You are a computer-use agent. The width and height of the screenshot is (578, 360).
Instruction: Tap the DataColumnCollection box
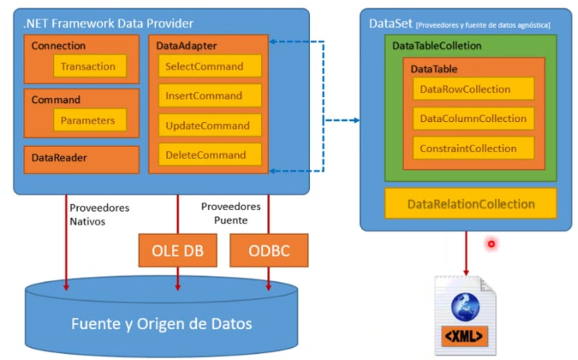(x=473, y=119)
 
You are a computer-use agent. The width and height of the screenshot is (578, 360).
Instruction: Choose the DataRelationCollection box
(x=471, y=203)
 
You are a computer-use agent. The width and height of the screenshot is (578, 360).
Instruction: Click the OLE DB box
(x=178, y=251)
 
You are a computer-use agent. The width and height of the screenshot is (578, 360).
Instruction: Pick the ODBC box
(x=269, y=251)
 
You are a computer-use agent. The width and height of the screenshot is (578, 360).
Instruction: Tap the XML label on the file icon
(x=465, y=336)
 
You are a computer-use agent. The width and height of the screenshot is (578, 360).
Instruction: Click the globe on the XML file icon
(x=465, y=307)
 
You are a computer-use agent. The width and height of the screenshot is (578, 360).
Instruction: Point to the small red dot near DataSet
(x=491, y=244)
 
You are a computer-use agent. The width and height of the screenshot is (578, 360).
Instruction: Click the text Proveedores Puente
(x=231, y=214)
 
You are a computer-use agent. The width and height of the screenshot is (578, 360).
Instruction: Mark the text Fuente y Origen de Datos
(x=162, y=324)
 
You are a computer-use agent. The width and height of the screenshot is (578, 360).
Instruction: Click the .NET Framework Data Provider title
(x=108, y=23)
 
